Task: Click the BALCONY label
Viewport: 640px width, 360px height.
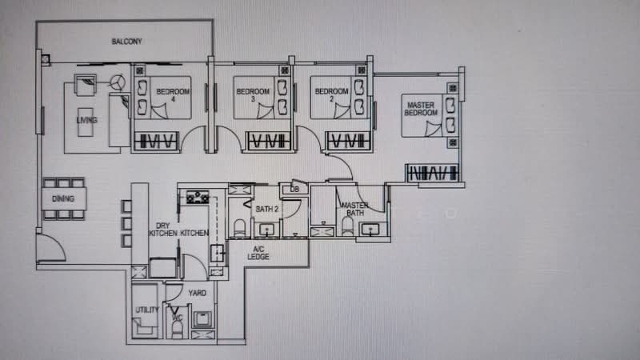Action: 127,42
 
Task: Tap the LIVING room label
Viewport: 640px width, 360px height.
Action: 86,121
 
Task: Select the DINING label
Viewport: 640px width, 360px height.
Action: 63,198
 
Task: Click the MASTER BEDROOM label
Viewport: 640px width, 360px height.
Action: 422,110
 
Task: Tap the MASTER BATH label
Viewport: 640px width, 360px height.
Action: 354,210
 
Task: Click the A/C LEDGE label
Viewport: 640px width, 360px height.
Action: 258,252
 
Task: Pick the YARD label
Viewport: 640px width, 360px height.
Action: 198,293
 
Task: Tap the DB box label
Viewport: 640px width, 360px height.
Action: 294,190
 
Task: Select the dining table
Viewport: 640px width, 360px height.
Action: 63,198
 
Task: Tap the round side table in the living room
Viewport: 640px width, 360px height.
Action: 118,82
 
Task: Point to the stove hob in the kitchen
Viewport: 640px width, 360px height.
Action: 195,196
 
